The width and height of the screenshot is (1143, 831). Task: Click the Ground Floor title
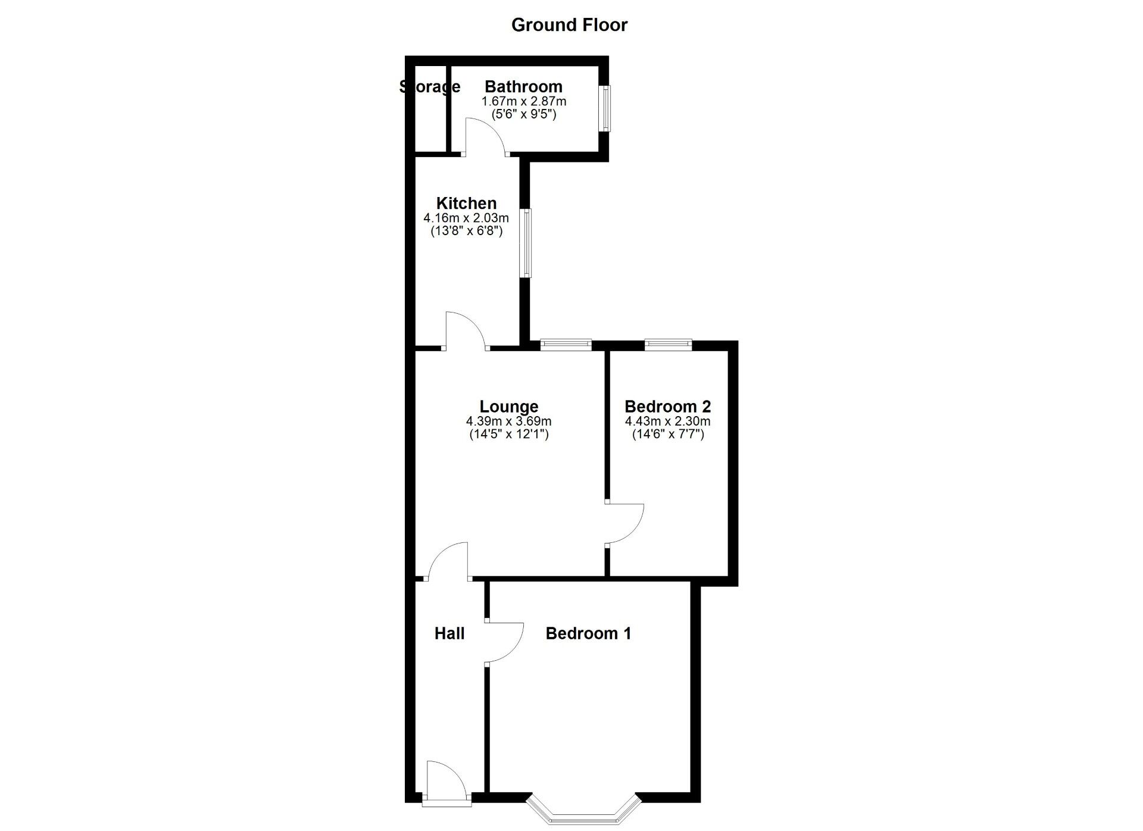click(x=569, y=25)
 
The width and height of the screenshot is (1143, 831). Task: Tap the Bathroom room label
click(x=523, y=87)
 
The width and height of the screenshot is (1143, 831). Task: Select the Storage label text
click(x=430, y=87)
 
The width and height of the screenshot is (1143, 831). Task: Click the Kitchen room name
click(x=466, y=203)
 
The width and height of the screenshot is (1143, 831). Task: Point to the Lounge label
click(x=509, y=407)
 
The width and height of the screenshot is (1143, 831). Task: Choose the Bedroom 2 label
click(x=667, y=407)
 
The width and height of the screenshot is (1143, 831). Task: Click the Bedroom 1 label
click(x=588, y=633)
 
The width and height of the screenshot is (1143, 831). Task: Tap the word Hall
click(x=449, y=633)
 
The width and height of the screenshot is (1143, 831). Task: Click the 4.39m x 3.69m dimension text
click(x=509, y=421)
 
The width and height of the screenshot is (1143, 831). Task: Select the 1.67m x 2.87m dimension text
click(x=524, y=102)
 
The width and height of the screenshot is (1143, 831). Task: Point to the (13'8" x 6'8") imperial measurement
click(x=467, y=231)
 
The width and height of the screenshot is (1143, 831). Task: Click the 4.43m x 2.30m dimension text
click(x=667, y=421)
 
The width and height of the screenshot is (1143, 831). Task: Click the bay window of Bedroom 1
click(x=583, y=815)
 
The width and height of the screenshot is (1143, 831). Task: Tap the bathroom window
click(x=605, y=109)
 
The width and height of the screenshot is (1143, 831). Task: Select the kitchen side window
click(x=526, y=243)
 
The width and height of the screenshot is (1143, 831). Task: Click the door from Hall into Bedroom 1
click(x=505, y=642)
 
